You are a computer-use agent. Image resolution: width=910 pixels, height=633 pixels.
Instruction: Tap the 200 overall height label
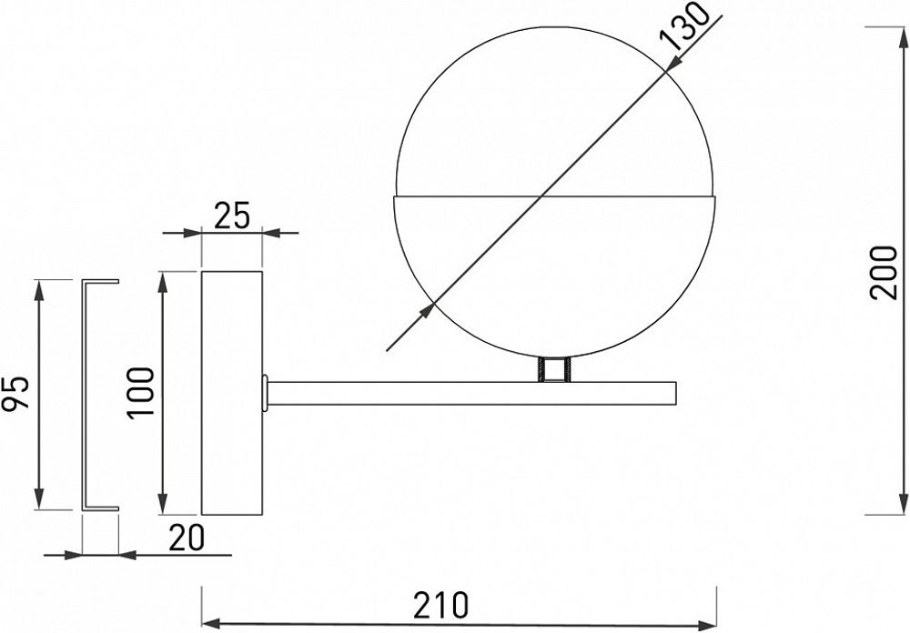(x=882, y=272)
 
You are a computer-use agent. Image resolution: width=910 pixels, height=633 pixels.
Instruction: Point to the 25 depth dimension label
(x=232, y=216)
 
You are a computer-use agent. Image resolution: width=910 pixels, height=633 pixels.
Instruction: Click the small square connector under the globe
(x=553, y=370)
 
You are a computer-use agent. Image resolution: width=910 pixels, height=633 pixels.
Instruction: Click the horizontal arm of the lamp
(x=473, y=393)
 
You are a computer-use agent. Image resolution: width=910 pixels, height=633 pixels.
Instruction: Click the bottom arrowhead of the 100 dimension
(x=164, y=503)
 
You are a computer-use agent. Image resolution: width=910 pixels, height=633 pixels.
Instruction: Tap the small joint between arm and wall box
(x=265, y=392)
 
